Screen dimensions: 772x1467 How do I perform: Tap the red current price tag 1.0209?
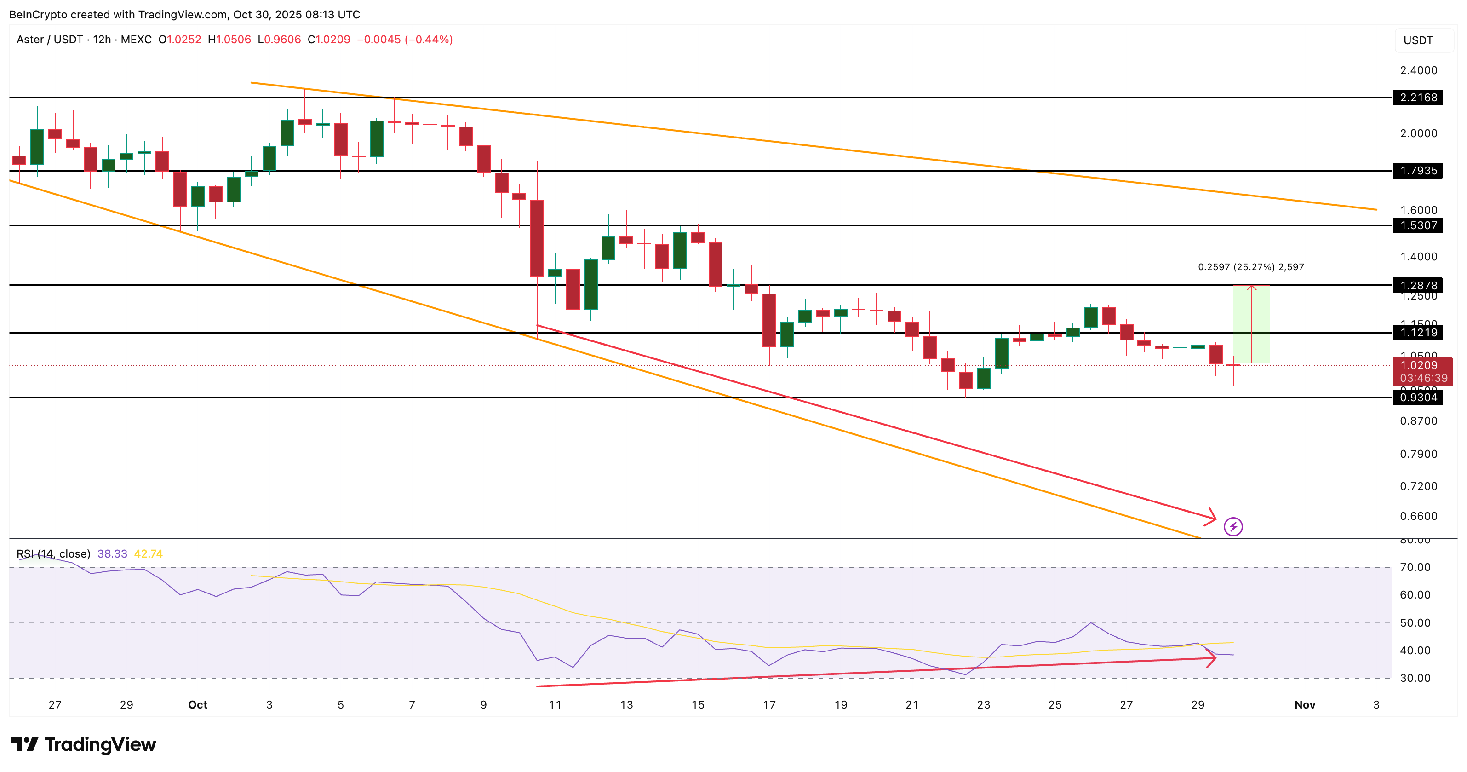(1421, 366)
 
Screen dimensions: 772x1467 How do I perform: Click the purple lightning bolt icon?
(1233, 526)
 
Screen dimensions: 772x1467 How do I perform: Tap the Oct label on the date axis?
(198, 705)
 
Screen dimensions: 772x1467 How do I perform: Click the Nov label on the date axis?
(1305, 705)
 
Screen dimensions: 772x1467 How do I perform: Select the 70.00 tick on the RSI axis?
(1415, 567)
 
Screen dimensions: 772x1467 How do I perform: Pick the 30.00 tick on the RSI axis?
(1415, 678)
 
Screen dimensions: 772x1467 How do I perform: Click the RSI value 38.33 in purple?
(112, 554)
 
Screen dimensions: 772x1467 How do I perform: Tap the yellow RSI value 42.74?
(148, 554)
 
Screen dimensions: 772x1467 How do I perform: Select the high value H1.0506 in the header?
(229, 39)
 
